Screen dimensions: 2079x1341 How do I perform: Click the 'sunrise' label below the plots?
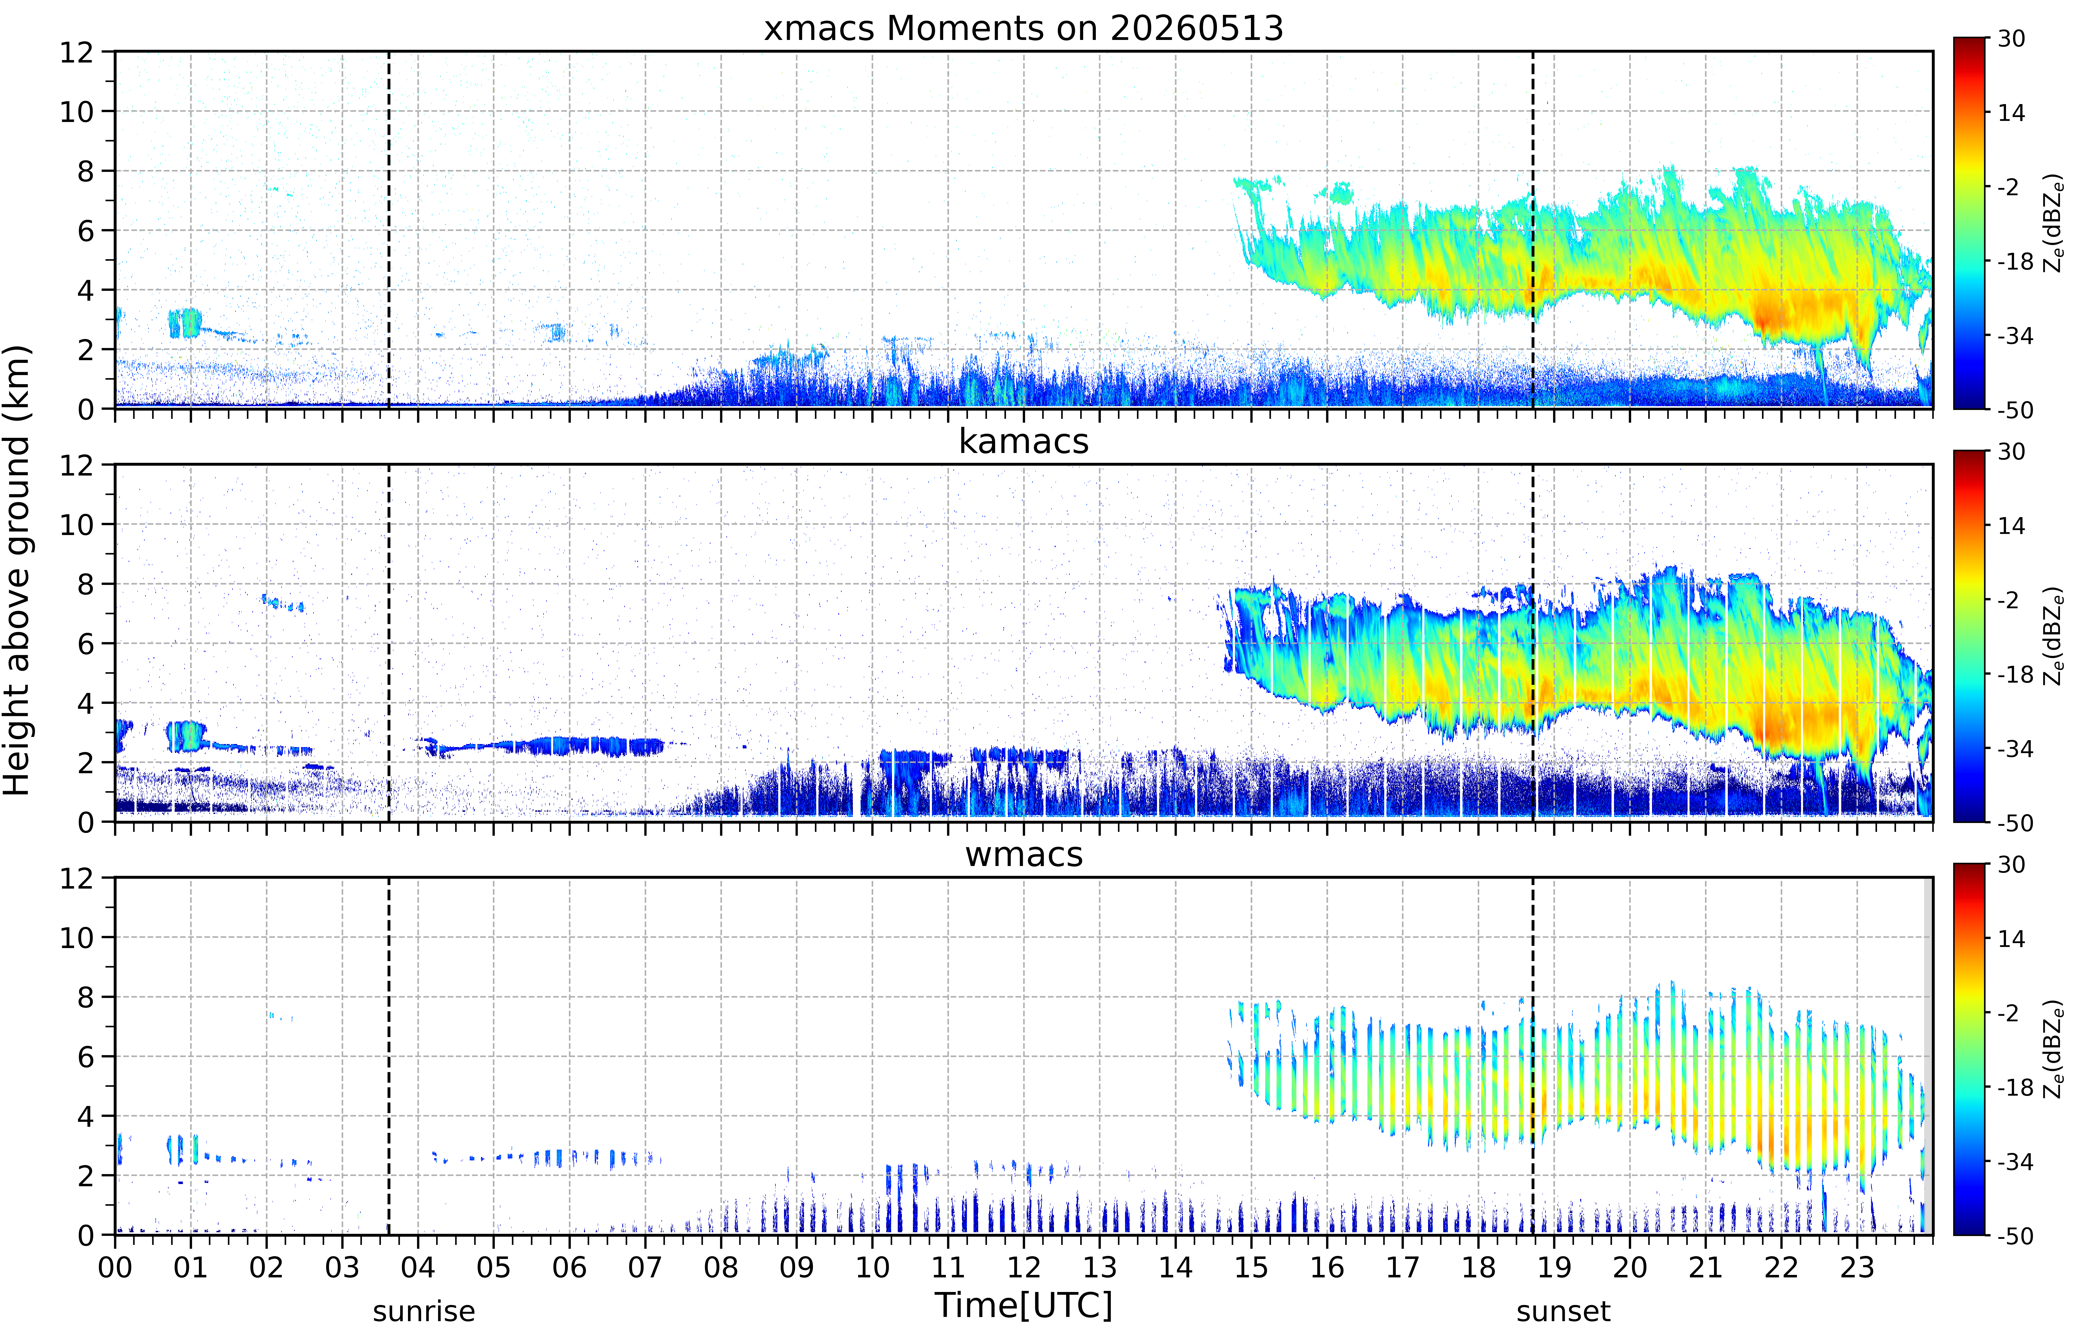424,1311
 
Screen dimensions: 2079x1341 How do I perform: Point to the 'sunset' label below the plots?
1563,1311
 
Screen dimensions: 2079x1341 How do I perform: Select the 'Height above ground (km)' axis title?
17,570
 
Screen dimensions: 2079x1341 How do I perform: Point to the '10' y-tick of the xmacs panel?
77,112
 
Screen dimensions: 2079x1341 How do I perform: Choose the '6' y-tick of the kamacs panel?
85,644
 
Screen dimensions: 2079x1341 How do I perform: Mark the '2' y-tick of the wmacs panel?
85,1176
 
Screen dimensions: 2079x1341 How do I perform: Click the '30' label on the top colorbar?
2011,39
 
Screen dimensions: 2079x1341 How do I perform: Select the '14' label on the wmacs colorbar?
2011,939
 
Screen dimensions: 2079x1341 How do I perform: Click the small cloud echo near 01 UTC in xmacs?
185,323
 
